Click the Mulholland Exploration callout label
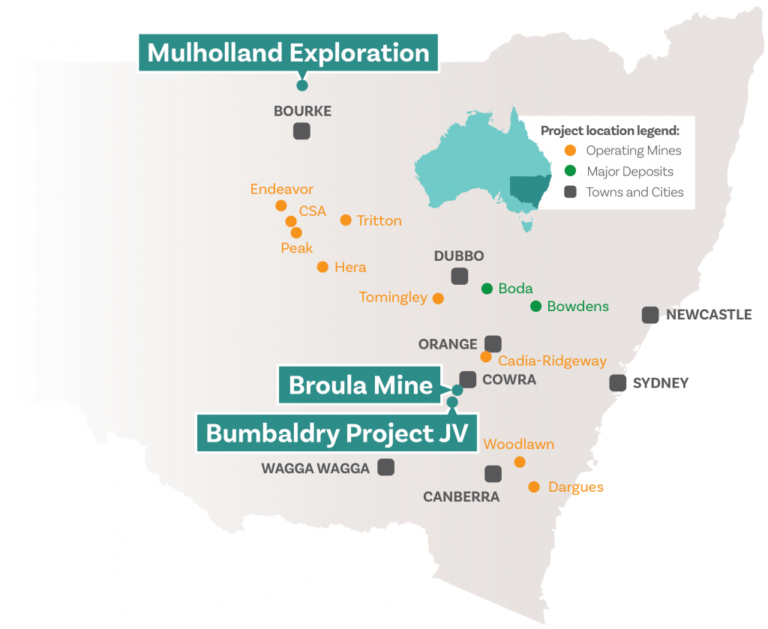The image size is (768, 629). click(x=288, y=53)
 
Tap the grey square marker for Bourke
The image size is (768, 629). click(x=301, y=131)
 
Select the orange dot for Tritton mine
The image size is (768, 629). click(x=346, y=220)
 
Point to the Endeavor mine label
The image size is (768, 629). click(x=282, y=189)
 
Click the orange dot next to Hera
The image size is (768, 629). click(x=322, y=266)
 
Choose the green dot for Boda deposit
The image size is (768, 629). click(x=487, y=288)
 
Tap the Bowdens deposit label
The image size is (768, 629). click(x=577, y=306)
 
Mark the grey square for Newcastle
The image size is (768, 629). click(x=650, y=315)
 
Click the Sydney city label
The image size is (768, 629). click(x=660, y=383)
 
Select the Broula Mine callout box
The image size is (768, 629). click(x=361, y=385)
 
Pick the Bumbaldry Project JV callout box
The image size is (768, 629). click(x=337, y=433)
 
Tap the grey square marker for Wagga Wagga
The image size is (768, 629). click(x=386, y=467)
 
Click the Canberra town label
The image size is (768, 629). click(x=460, y=496)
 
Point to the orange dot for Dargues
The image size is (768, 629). click(x=533, y=487)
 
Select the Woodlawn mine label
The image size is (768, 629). click(x=519, y=445)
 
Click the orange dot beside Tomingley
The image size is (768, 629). click(x=439, y=298)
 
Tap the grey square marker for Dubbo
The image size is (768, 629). click(x=460, y=276)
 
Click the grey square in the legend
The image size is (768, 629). click(x=571, y=191)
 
